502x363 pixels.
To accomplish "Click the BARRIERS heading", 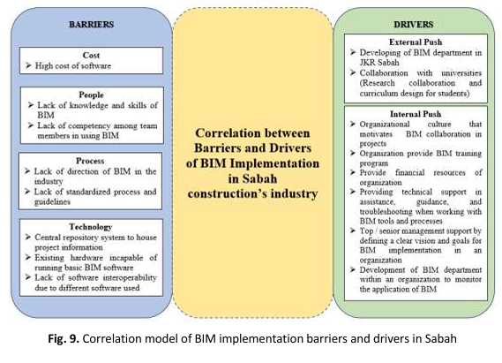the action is (x=91, y=25).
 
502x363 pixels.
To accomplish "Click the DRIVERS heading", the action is (x=413, y=25).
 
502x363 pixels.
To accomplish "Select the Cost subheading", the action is (x=91, y=55).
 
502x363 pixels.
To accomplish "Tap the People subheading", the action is (x=91, y=95).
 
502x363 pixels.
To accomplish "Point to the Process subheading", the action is (x=90, y=161).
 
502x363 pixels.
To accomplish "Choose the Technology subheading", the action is (x=91, y=227).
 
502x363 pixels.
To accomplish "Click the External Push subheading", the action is (x=416, y=42).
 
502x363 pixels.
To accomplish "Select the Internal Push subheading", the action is (x=416, y=114).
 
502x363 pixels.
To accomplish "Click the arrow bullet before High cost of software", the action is (x=28, y=65).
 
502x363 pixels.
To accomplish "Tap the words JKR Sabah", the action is (x=379, y=63).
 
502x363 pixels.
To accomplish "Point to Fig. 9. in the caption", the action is (x=64, y=338).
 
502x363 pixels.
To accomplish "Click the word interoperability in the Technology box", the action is (x=130, y=278).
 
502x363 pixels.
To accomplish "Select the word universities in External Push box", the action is (x=461, y=73).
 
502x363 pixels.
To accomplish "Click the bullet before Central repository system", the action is (x=28, y=237).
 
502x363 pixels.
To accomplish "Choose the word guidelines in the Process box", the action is (x=52, y=202).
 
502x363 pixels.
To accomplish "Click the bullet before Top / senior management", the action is (x=353, y=231).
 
